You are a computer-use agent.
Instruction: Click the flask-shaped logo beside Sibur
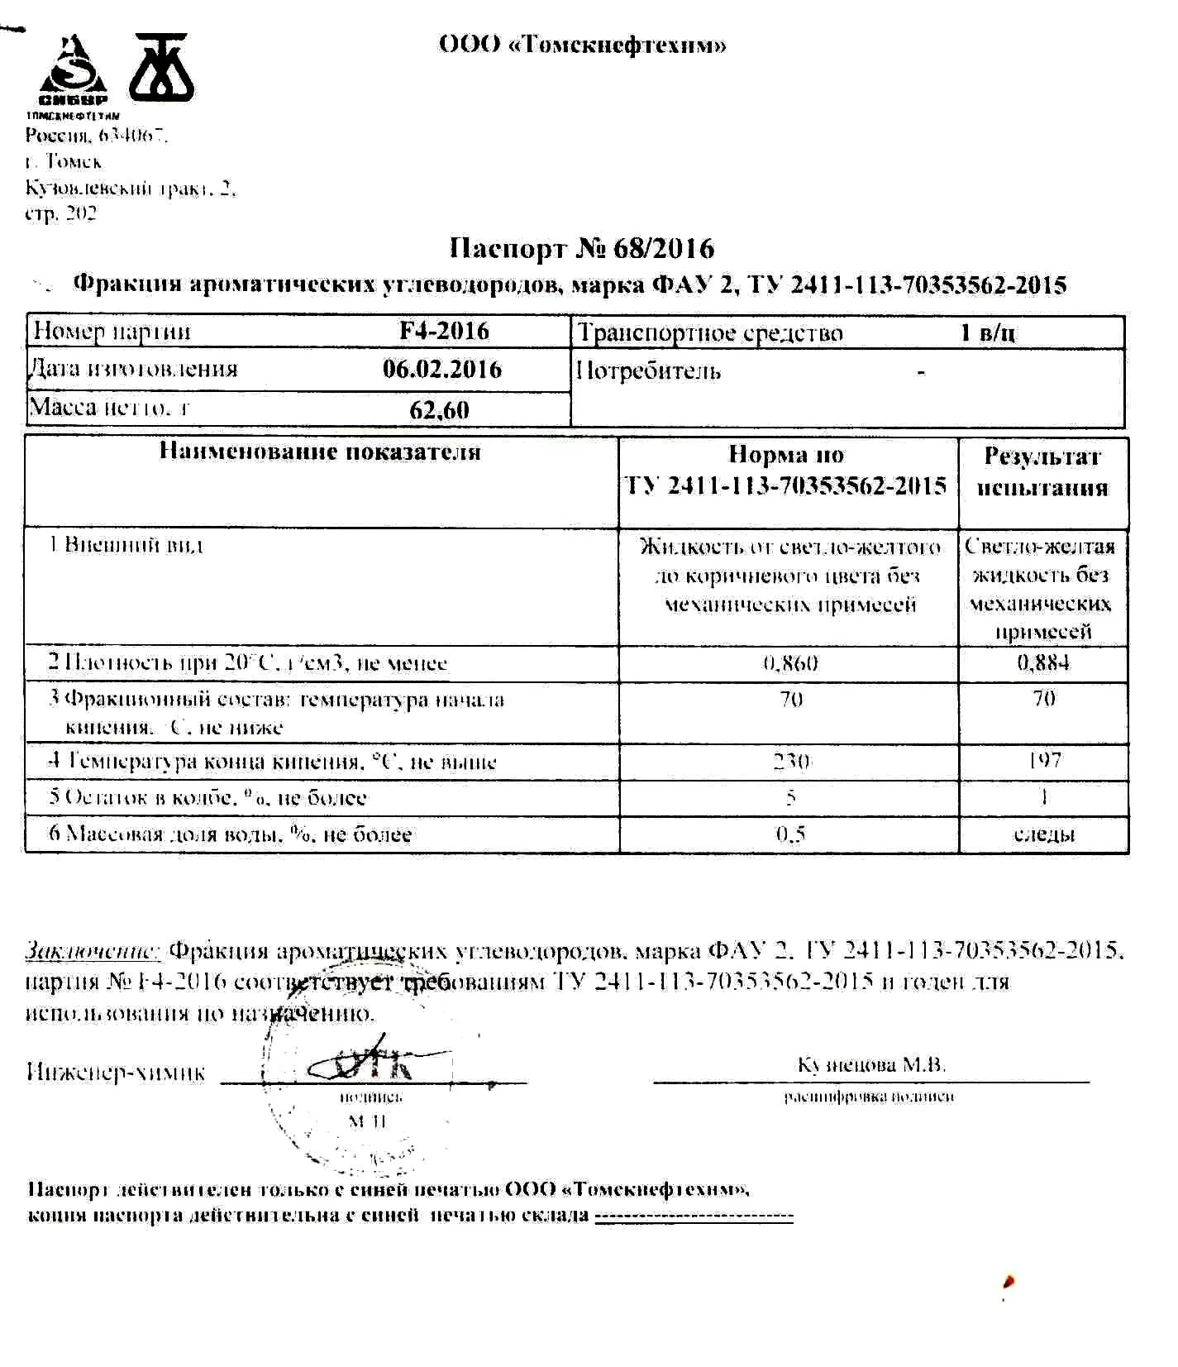click(x=161, y=66)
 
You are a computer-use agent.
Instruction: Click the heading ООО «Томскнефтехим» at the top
click(x=582, y=45)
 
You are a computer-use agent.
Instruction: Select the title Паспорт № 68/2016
click(x=581, y=248)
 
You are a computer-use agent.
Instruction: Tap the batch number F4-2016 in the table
click(x=444, y=331)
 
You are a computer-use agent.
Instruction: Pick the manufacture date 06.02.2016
click(x=441, y=369)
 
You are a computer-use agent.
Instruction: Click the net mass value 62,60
click(x=439, y=409)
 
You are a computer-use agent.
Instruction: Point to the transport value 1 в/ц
click(x=988, y=332)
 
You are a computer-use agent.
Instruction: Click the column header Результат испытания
click(x=1042, y=471)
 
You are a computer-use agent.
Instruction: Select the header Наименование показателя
click(x=320, y=452)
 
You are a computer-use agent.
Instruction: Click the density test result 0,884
click(x=1042, y=662)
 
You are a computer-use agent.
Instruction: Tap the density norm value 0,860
click(x=790, y=663)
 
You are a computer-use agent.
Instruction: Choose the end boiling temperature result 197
click(x=1044, y=759)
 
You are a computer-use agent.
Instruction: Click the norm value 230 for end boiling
click(x=791, y=761)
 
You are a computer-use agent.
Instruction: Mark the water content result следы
click(x=1044, y=834)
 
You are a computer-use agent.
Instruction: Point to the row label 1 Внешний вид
click(x=126, y=545)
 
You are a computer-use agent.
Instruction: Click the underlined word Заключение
click(x=93, y=950)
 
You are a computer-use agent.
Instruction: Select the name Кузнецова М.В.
click(x=871, y=1064)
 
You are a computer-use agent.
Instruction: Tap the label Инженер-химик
click(x=116, y=1073)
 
